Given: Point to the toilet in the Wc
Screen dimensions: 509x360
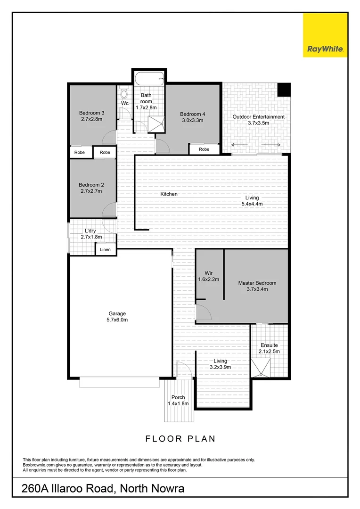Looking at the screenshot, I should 124,92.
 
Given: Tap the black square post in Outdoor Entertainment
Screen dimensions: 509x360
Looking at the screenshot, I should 283,89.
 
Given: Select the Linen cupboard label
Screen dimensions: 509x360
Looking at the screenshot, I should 106,250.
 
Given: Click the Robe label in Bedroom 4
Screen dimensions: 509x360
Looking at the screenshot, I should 204,149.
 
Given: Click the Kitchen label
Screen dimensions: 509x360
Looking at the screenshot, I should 169,194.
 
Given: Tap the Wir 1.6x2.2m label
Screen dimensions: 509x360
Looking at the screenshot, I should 209,276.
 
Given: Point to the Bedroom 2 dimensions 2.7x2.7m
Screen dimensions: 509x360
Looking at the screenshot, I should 91,191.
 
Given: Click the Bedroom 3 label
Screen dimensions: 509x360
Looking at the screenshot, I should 91,113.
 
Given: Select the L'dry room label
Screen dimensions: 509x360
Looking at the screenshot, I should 91,231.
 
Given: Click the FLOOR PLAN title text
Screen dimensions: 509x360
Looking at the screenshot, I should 180,439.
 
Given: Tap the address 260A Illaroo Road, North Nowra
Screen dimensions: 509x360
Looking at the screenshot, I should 103,489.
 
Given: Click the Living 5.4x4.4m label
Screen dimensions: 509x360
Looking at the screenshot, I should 252,201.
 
